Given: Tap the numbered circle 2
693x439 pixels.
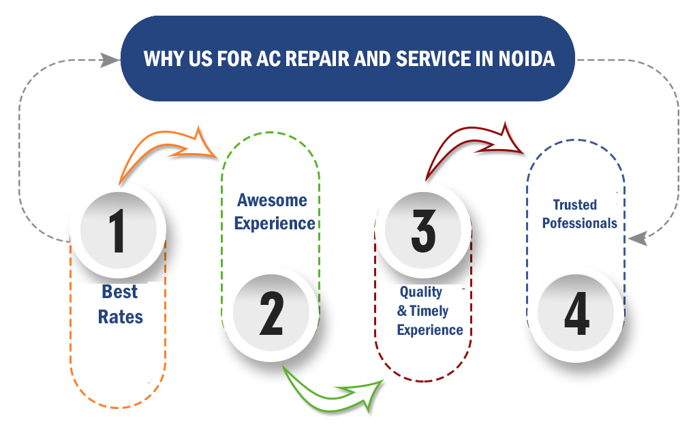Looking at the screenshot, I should pyautogui.click(x=271, y=314).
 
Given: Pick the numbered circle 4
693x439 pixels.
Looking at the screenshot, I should pyautogui.click(x=576, y=314).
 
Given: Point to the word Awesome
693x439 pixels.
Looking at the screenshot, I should pyautogui.click(x=272, y=200).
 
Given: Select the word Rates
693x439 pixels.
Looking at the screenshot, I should pyautogui.click(x=120, y=316).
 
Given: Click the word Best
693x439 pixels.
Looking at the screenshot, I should pyautogui.click(x=120, y=292).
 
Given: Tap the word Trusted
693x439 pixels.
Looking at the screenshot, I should pyautogui.click(x=574, y=205).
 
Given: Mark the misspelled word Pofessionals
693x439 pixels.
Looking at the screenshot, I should pyautogui.click(x=579, y=223).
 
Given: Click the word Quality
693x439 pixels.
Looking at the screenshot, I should pyautogui.click(x=420, y=292).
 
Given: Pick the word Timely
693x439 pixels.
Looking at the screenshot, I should pyautogui.click(x=429, y=311).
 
